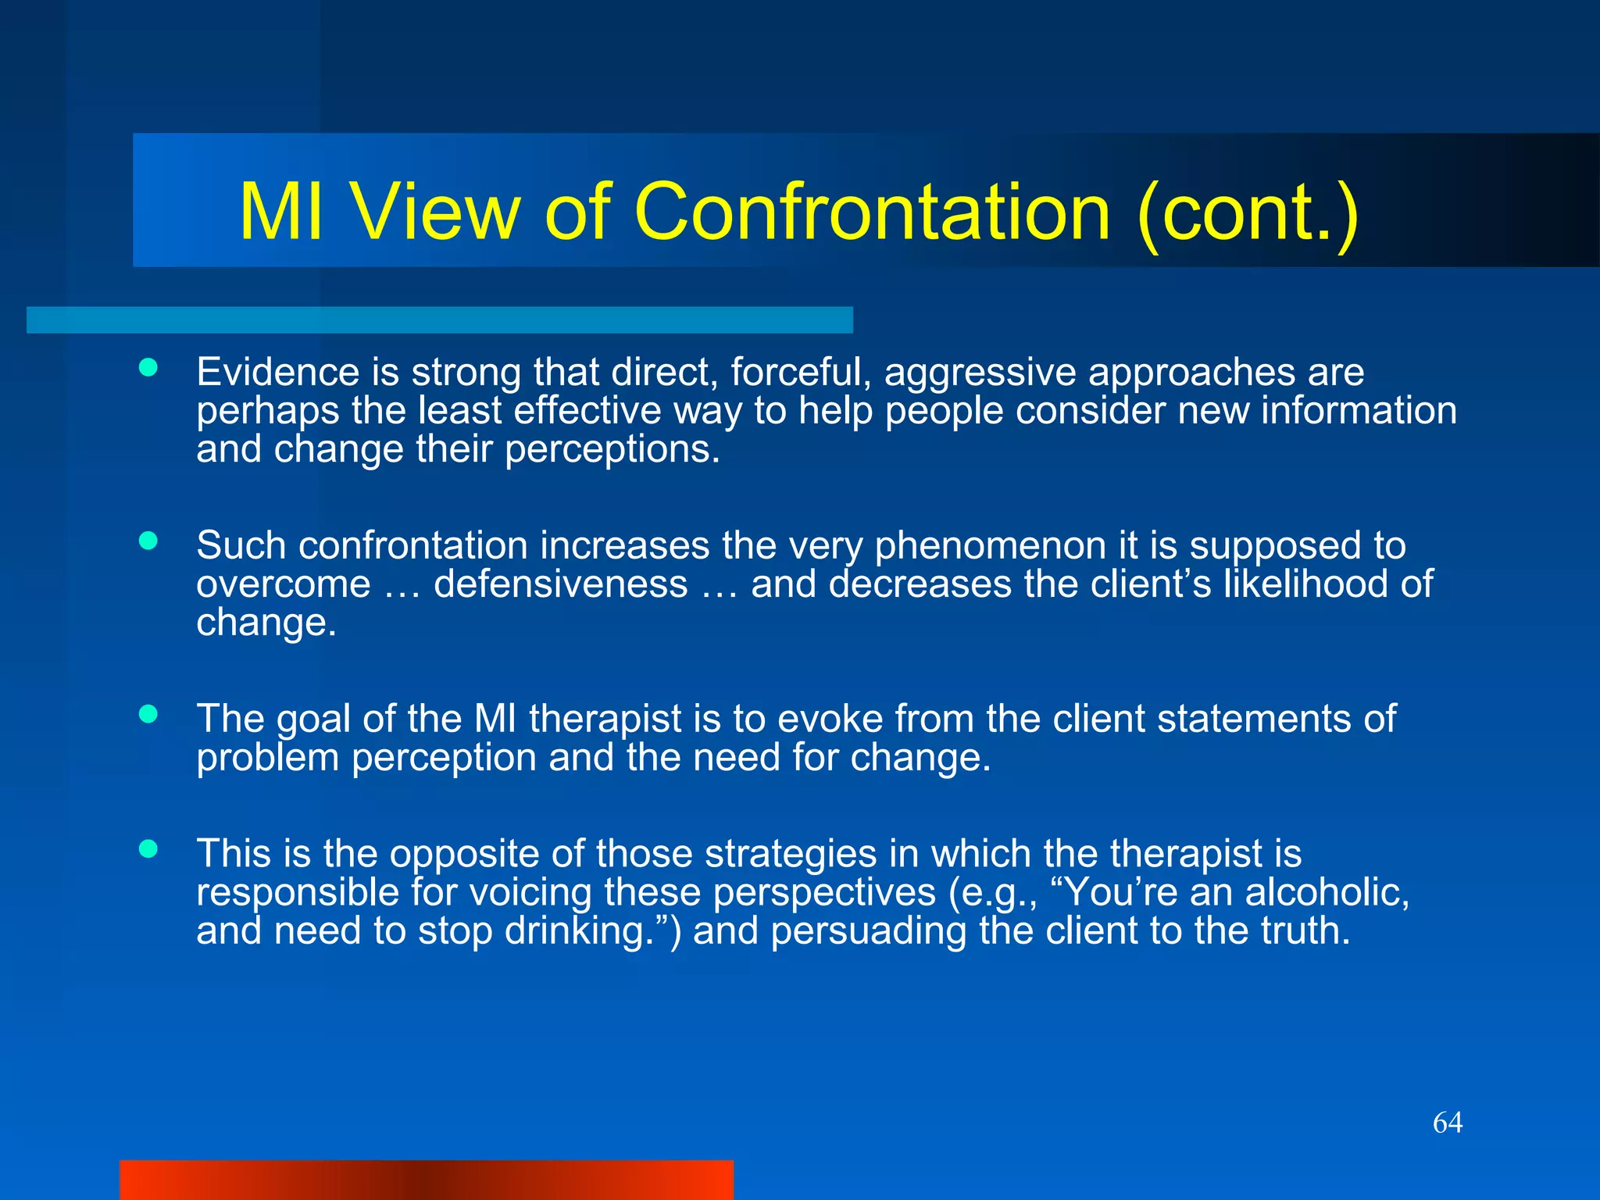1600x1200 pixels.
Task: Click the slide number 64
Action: tap(1447, 1123)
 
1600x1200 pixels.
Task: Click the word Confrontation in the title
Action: tap(872, 212)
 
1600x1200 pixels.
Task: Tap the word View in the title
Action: tap(434, 212)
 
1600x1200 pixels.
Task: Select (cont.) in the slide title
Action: tap(1248, 213)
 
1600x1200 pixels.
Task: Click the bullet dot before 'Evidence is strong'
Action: tap(148, 367)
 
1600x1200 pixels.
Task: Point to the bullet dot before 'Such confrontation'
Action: tap(148, 541)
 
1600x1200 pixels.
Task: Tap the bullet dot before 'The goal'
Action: tap(148, 713)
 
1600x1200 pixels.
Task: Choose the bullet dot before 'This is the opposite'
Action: tap(148, 848)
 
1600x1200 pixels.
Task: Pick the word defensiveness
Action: tap(560, 584)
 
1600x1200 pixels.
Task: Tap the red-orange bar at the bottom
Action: tap(426, 1180)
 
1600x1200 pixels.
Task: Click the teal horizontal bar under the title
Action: tap(439, 320)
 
